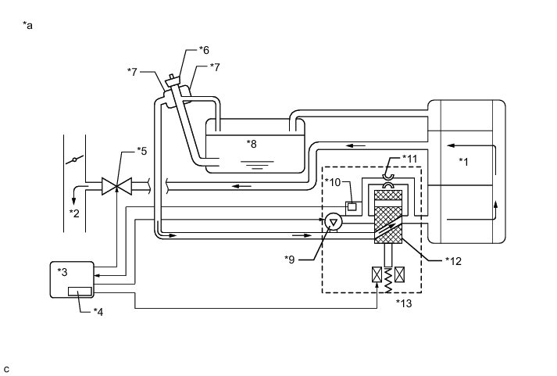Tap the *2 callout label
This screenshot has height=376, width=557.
coord(74,212)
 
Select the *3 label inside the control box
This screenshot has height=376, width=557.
coord(63,271)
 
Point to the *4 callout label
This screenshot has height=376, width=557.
coord(99,312)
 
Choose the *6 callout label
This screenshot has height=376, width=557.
coord(204,50)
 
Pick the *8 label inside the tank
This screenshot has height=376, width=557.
coord(252,143)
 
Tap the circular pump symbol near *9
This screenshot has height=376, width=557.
coord(333,223)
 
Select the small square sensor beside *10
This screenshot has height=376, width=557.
coord(352,207)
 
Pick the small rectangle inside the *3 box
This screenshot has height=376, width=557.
coord(79,292)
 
